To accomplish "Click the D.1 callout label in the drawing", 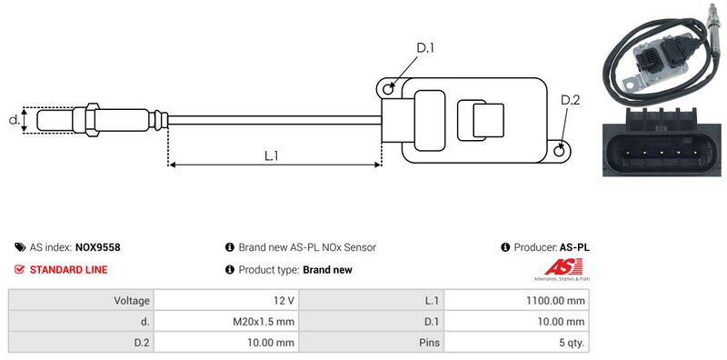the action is pyautogui.click(x=424, y=48).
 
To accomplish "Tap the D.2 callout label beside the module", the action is pyautogui.click(x=570, y=100).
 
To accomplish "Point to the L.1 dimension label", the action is pyautogui.click(x=271, y=155).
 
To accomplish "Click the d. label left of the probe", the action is pyautogui.click(x=15, y=120).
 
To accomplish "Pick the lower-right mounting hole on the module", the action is pyautogui.click(x=560, y=149).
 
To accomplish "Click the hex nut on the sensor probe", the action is pyautogui.click(x=93, y=120).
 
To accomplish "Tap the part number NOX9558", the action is pyautogui.click(x=97, y=247).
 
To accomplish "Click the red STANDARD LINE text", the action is pyautogui.click(x=69, y=269).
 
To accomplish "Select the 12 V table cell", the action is pyautogui.click(x=226, y=301).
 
